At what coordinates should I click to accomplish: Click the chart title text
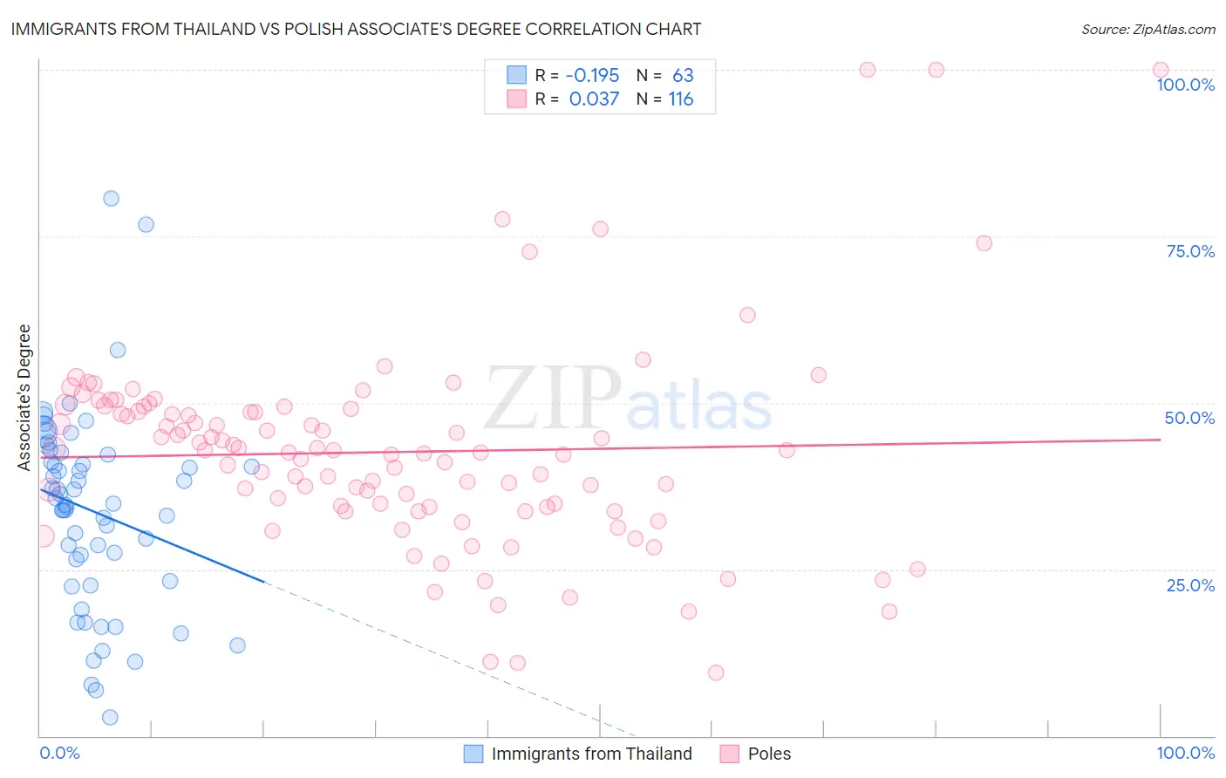356,30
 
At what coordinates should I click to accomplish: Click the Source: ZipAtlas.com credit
1148,30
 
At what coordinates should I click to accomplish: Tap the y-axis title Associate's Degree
24,397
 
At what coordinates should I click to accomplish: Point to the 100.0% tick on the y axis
1185,85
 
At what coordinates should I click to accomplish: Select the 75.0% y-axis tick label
1190,251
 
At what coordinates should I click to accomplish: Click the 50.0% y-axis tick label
1189,418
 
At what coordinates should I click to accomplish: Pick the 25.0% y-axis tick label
1190,585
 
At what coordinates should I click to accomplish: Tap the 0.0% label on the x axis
59,753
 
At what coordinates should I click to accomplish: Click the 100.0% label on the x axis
1185,753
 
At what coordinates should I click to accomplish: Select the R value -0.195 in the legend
593,75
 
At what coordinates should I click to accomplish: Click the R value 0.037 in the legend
594,99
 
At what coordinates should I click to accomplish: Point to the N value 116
681,99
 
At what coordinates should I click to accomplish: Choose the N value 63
683,75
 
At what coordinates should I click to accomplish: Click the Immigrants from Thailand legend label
591,754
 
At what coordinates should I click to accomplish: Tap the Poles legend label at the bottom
769,754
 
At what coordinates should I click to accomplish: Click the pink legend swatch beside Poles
730,754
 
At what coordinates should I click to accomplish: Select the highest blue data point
111,198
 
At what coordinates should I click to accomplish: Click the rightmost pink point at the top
1161,70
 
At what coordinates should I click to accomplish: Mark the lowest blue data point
110,717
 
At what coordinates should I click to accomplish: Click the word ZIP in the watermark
553,399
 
